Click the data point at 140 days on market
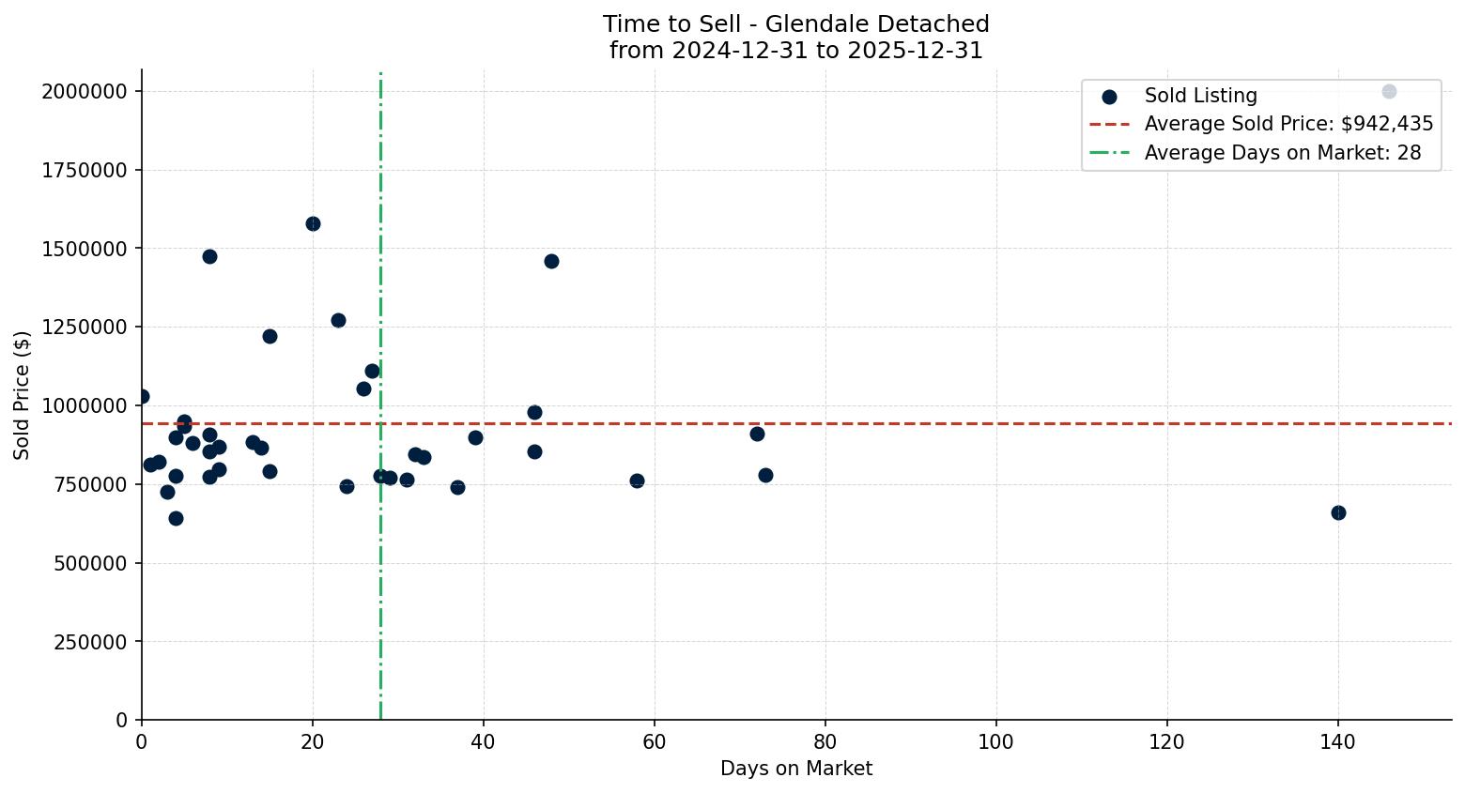point(1338,512)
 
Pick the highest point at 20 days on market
point(313,223)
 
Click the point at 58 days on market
point(637,480)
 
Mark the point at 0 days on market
point(142,396)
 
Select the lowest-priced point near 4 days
point(176,518)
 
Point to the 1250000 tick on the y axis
point(85,328)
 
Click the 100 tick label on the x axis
point(995,742)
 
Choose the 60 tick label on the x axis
point(654,742)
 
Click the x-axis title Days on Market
point(795,769)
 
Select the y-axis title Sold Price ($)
point(22,395)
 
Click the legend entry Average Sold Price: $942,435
point(1288,124)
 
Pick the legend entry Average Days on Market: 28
point(1282,153)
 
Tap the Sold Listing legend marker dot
point(1109,96)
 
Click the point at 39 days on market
point(475,437)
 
